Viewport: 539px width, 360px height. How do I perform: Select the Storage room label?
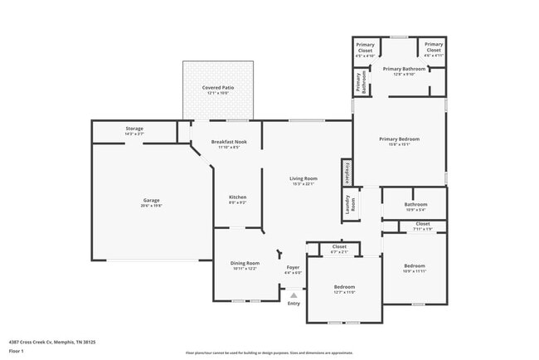tap(134, 129)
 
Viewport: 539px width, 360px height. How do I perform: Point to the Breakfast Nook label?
tap(229, 141)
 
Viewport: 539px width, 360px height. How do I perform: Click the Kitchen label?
tap(237, 197)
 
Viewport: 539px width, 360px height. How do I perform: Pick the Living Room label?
tap(303, 178)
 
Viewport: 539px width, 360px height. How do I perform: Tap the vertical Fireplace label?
tap(347, 173)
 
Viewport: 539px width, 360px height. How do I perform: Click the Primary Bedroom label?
tap(400, 139)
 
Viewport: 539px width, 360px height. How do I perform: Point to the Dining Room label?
tap(245, 263)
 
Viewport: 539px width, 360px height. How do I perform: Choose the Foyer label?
tap(293, 267)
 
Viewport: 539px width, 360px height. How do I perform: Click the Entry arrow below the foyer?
tap(294, 294)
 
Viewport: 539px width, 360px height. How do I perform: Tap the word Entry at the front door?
tap(294, 303)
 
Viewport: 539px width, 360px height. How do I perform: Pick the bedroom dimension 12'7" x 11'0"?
tap(343, 292)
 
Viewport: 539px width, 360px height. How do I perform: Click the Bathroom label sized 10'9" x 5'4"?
tap(415, 204)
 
